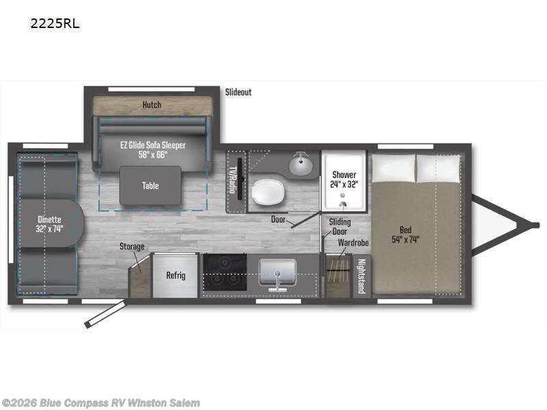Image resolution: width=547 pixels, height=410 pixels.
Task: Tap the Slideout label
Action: tap(238, 92)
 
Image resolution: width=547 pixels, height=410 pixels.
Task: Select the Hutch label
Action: tap(152, 105)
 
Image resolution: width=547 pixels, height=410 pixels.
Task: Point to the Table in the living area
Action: tap(150, 185)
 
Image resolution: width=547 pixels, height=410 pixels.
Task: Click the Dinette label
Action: tap(49, 224)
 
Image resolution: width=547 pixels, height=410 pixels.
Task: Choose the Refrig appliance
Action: tap(175, 275)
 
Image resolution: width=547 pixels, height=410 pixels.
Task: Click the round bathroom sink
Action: tap(300, 165)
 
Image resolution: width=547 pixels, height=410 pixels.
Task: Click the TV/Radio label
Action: tap(232, 180)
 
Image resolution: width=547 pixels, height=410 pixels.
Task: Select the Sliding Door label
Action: tap(340, 226)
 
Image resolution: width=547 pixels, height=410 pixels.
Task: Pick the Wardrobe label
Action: tap(353, 243)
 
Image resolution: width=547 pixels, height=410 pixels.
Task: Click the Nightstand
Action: tap(361, 276)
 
